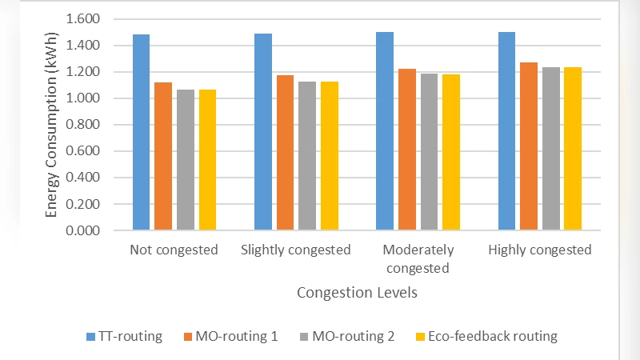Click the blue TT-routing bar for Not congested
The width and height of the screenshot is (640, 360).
point(142,133)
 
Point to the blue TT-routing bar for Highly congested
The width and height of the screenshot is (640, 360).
point(506,131)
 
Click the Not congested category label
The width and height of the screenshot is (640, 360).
point(174,250)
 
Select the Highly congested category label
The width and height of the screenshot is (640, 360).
point(540,250)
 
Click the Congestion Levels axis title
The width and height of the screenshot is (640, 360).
point(357,293)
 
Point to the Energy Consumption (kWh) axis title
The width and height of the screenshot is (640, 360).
point(52,125)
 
